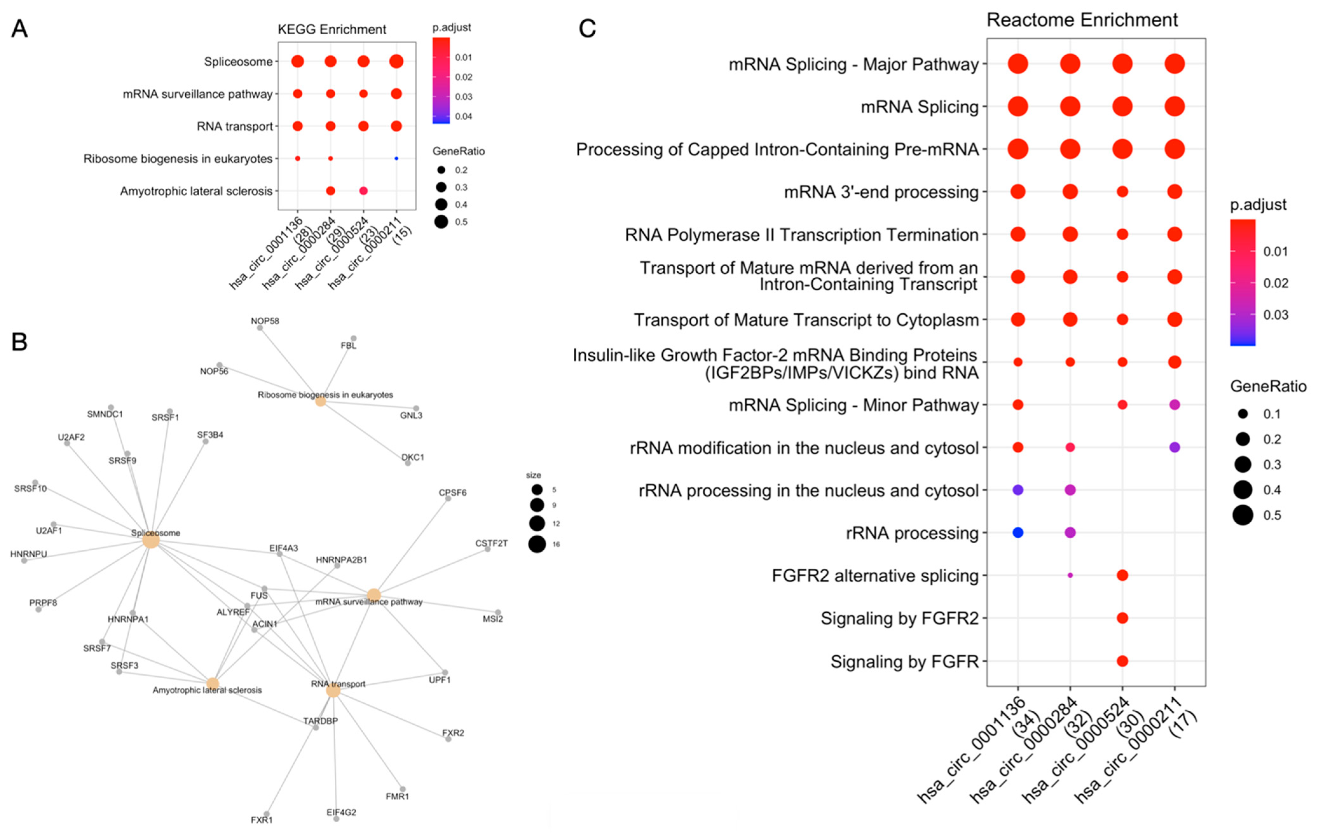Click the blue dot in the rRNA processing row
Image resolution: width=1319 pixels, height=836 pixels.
click(1018, 532)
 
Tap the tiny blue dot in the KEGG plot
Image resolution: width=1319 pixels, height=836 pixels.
click(396, 158)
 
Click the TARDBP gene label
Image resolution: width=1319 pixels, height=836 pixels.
click(320, 721)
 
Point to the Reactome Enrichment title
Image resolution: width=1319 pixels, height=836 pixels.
click(1082, 20)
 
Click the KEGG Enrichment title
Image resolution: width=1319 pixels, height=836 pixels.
click(331, 30)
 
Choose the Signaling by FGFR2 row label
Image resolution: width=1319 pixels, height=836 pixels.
click(899, 618)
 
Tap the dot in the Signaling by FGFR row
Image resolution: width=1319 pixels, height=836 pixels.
click(1122, 661)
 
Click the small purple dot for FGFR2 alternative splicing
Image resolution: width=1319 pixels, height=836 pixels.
click(1070, 575)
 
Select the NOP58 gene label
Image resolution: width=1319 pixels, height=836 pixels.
click(265, 321)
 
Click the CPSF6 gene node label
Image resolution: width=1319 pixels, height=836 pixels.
click(453, 492)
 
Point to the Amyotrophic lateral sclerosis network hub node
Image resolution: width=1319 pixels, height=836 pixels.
click(213, 684)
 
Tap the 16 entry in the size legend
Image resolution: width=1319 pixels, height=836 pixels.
click(556, 544)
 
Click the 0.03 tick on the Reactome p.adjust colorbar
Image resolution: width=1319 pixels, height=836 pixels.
click(1275, 315)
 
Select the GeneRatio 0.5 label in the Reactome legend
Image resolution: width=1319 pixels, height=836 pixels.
click(1272, 515)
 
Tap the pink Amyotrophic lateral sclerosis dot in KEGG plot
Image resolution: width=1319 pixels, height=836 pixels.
click(363, 191)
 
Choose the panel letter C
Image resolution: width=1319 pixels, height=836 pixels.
click(587, 29)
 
